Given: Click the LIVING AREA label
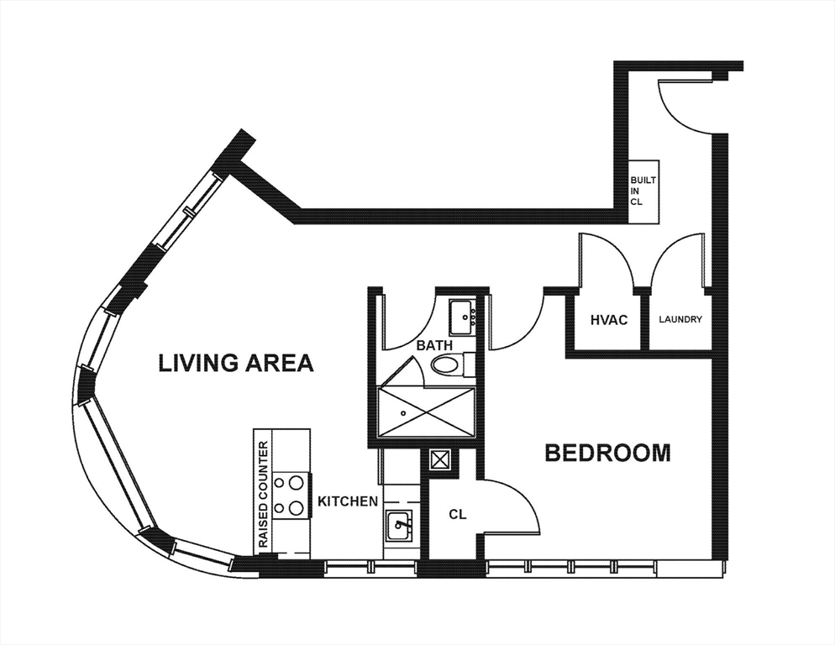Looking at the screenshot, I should click(x=236, y=363).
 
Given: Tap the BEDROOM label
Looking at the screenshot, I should click(x=607, y=453).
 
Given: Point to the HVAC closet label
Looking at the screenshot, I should click(x=608, y=320).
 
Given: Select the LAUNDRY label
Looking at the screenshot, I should click(x=680, y=320).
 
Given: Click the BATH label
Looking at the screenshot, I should click(x=433, y=344).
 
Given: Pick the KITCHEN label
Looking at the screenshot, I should click(x=347, y=501).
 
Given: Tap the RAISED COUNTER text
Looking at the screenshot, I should click(x=264, y=495).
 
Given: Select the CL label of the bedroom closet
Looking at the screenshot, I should click(x=457, y=513).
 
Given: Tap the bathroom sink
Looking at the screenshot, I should click(x=461, y=317).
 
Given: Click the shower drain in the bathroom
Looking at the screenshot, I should click(x=404, y=413).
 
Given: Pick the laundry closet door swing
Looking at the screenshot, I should click(x=677, y=260).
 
